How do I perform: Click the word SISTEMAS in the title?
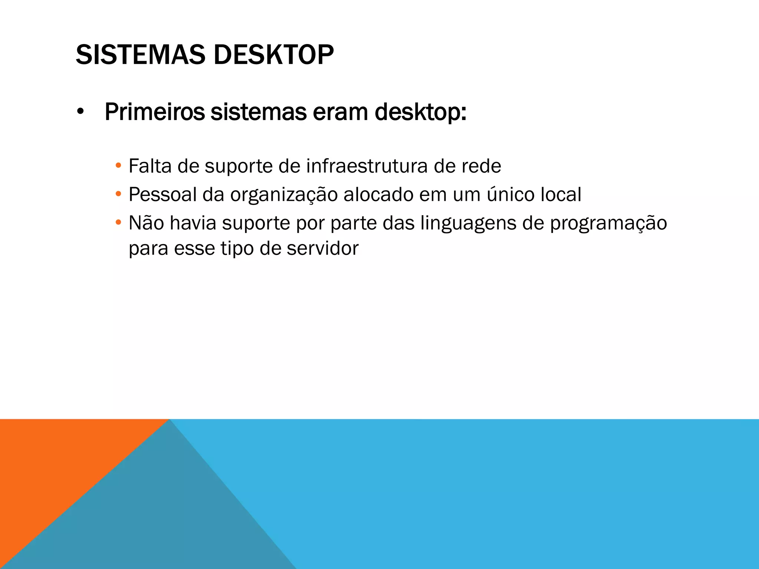[x=140, y=55]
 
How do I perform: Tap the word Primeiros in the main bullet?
[x=155, y=112]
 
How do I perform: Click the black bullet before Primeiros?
[x=80, y=112]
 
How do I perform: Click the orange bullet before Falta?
[x=118, y=166]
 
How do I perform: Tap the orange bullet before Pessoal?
[x=118, y=194]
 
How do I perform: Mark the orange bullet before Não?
[x=118, y=222]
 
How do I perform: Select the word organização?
[x=284, y=194]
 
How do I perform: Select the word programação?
[x=608, y=223]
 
